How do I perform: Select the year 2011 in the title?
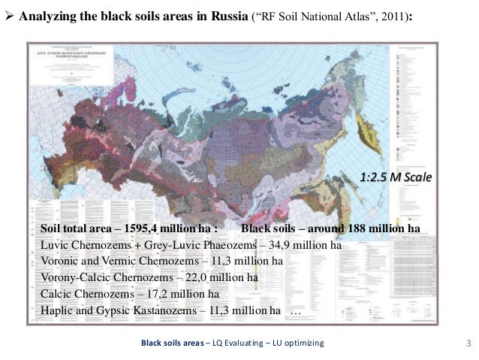pyautogui.click(x=389, y=15)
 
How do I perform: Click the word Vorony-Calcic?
pyautogui.click(x=76, y=278)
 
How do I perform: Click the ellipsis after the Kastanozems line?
pyautogui.click(x=295, y=311)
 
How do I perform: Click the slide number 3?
pyautogui.click(x=468, y=343)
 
